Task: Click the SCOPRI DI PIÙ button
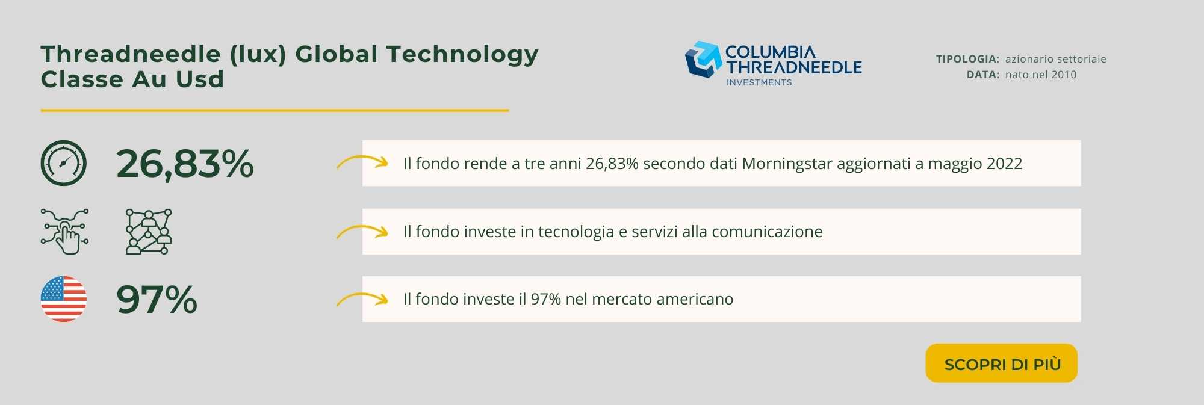pos(1001,363)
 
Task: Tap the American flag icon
pos(64,299)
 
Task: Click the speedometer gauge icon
pos(64,163)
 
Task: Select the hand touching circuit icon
pos(64,232)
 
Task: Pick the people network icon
pos(149,232)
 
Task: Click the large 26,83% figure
pos(185,164)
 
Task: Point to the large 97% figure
pos(157,299)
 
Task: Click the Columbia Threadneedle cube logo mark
pos(703,59)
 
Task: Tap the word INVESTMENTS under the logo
pos(759,82)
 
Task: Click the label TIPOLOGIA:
pos(967,59)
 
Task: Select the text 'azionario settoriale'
pos(1056,59)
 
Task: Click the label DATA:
pos(983,75)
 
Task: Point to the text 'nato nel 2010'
pos(1041,75)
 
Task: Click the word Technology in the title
pos(462,54)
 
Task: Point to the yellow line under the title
pos(275,111)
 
